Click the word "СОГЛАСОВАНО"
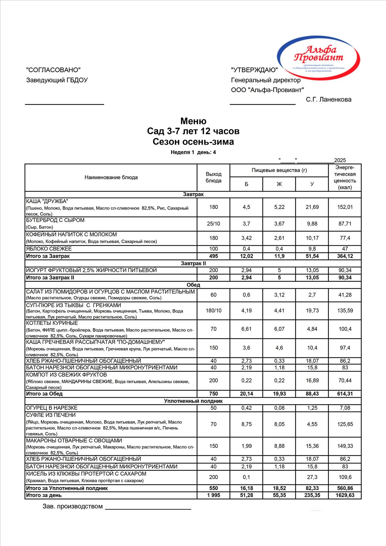[53, 70]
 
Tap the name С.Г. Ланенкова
[328, 99]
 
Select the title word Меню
[193, 121]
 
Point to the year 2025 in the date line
[340, 160]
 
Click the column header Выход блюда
[213, 177]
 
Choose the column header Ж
[279, 184]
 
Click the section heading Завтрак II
[193, 263]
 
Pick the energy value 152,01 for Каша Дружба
[345, 207]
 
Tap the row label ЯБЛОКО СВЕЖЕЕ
[49, 249]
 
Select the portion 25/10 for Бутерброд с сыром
[213, 224]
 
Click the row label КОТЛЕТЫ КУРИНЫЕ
[52, 323]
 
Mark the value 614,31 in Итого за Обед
[345, 394]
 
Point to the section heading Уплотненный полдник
[193, 401]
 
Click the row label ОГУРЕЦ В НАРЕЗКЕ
[52, 408]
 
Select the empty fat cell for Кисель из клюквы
[279, 477]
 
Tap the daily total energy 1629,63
[345, 495]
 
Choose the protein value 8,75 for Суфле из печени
[246, 424]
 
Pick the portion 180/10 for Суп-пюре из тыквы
[213, 311]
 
